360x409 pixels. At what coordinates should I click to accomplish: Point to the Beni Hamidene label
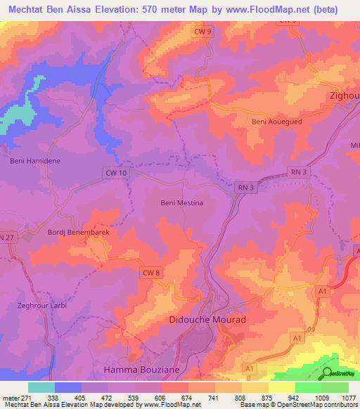pyautogui.click(x=35, y=161)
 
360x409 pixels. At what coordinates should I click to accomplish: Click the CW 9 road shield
pyautogui.click(x=203, y=32)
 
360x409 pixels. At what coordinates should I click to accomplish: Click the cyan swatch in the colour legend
pyautogui.click(x=41, y=387)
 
